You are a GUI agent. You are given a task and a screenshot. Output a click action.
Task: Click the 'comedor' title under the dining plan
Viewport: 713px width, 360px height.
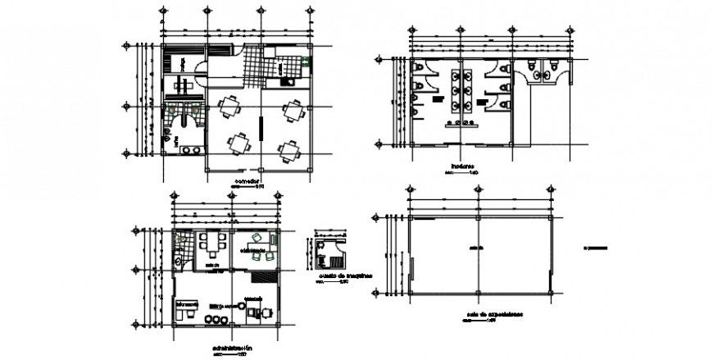(248, 180)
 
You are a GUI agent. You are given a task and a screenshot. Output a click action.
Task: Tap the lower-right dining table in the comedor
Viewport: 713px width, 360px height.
(289, 149)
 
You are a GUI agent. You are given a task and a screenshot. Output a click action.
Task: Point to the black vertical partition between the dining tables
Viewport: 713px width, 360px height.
(261, 129)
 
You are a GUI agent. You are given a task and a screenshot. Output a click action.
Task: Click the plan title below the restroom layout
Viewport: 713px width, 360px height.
(462, 166)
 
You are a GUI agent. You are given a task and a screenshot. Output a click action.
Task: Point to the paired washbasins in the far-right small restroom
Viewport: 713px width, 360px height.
(543, 75)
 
